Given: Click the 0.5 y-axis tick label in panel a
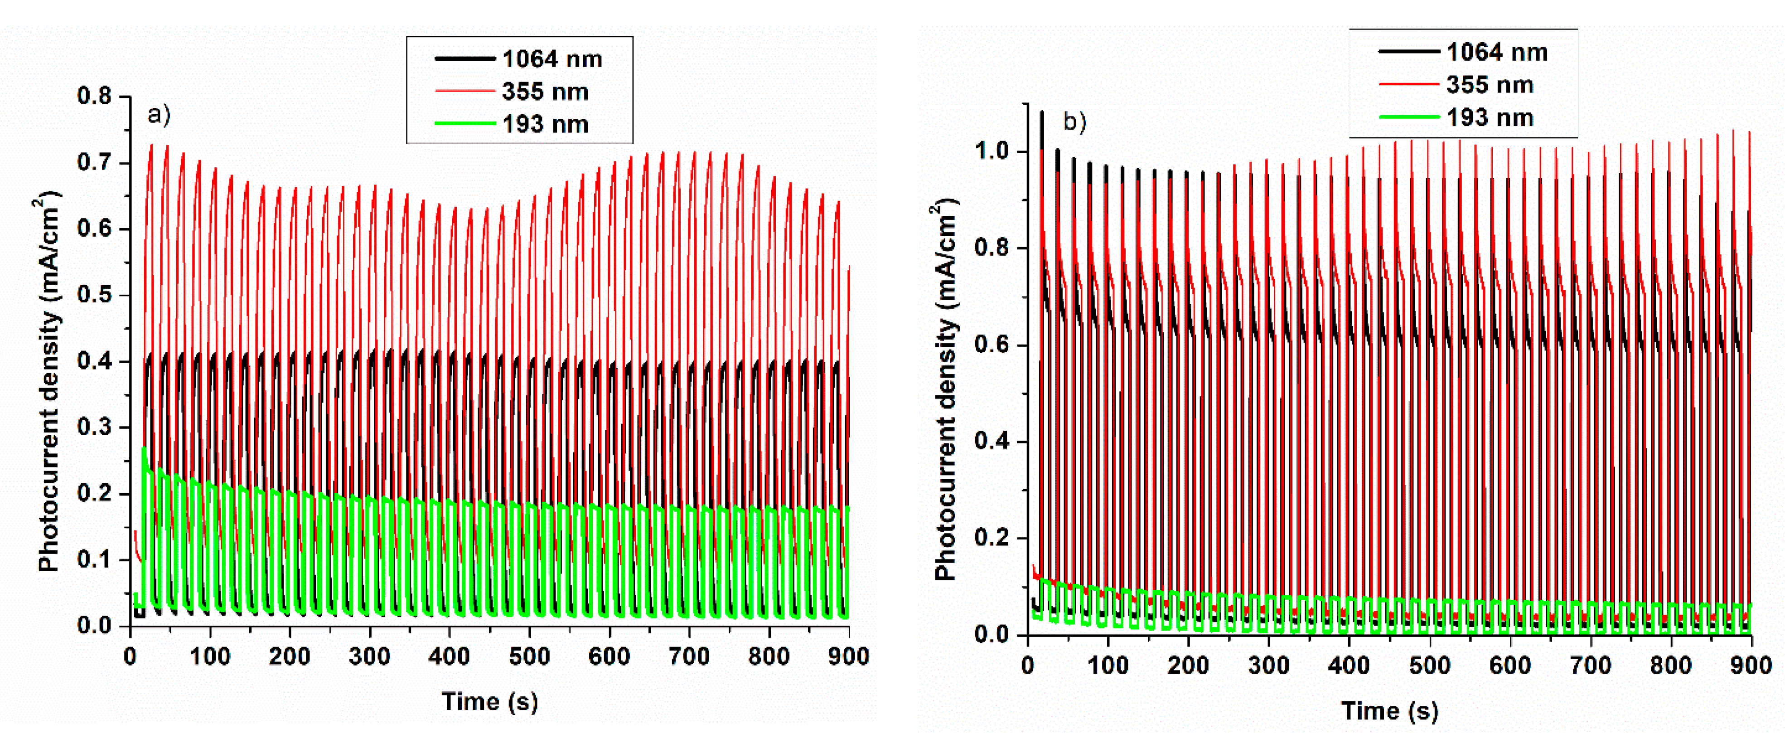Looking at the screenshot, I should tap(95, 295).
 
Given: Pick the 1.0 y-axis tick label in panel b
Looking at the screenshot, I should tap(992, 152).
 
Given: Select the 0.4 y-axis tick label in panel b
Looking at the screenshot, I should tap(992, 442).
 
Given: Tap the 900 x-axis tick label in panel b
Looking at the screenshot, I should tap(1751, 666).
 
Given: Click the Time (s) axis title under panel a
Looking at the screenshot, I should tap(490, 701).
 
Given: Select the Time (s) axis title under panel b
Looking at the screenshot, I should tap(1389, 710).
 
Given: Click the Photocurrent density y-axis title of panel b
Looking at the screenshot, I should tap(945, 392).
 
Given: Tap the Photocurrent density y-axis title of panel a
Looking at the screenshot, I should tap(48, 384).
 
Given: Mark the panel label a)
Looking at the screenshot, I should tap(159, 114).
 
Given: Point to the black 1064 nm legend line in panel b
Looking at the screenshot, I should tap(1408, 51).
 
